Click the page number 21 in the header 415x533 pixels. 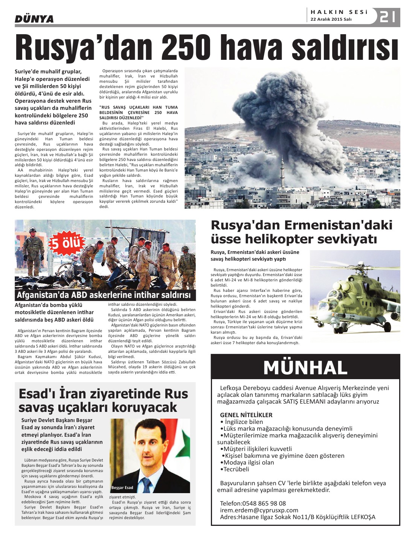click(388, 17)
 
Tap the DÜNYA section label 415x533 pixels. click(34, 19)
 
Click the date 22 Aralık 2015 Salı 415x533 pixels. click(331, 20)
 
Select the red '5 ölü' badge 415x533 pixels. click(66, 243)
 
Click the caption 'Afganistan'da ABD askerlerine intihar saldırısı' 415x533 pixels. click(104, 295)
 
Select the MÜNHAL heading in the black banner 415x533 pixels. click(305, 367)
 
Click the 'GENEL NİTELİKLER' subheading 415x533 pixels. click(246, 415)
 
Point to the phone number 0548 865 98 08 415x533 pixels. click(264, 503)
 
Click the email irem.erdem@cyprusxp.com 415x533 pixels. click(259, 510)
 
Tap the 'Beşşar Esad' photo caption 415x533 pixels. click(122, 487)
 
